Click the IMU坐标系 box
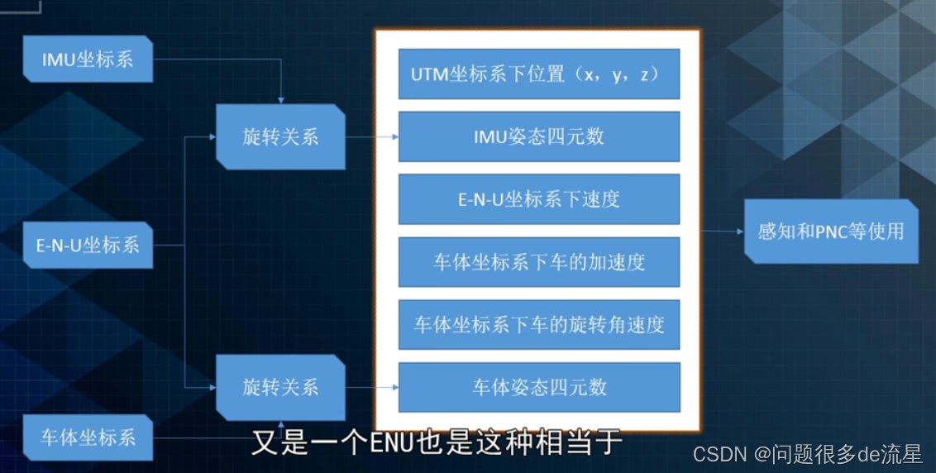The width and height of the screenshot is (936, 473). [x=88, y=59]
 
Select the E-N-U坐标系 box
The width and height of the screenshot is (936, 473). [x=88, y=245]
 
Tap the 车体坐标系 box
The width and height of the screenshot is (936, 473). [x=88, y=437]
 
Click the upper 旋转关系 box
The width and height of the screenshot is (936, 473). [x=280, y=136]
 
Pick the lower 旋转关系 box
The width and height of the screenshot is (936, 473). [x=280, y=386]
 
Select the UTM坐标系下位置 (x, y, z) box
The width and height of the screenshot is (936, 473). [x=538, y=74]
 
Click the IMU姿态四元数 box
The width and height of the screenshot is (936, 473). [x=538, y=136]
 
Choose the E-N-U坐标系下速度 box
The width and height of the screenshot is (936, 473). [x=538, y=198]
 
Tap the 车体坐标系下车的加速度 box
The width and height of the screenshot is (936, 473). [x=538, y=262]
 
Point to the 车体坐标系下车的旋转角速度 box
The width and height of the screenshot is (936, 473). [x=538, y=324]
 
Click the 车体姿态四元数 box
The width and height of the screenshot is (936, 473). [x=538, y=386]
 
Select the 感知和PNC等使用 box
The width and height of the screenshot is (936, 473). [x=831, y=232]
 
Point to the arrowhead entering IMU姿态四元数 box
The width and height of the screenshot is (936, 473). [x=394, y=137]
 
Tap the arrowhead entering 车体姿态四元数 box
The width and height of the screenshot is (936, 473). [x=394, y=387]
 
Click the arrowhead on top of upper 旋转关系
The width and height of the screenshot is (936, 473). [x=281, y=100]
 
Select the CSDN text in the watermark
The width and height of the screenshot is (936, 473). [x=720, y=453]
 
